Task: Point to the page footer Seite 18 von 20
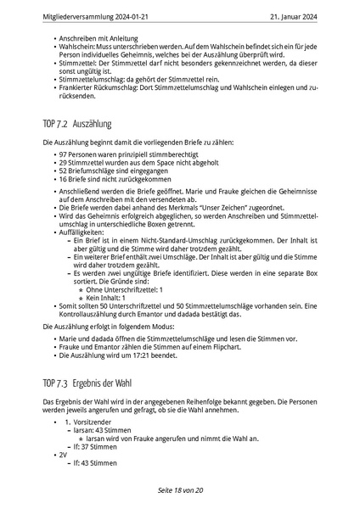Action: click(x=179, y=490)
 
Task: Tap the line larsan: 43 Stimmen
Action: click(x=100, y=430)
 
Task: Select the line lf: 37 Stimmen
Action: click(x=93, y=446)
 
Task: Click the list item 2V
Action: click(x=64, y=455)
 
